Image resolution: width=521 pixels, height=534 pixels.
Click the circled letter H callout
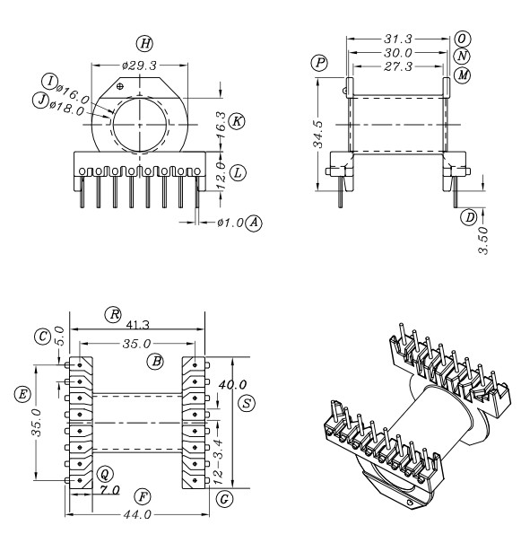[143, 42]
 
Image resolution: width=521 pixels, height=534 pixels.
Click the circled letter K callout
[236, 119]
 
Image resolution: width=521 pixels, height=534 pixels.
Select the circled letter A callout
[256, 221]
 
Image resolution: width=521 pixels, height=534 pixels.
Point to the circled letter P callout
[318, 62]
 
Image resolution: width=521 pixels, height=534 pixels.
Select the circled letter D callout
[467, 216]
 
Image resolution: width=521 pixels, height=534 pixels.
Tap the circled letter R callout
[114, 314]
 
